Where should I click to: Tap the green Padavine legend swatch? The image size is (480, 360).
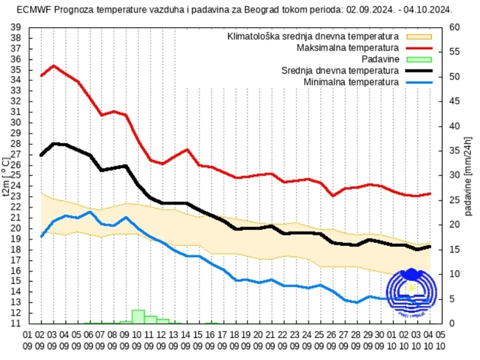coord(419,59)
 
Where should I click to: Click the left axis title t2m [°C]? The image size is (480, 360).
coord(7,175)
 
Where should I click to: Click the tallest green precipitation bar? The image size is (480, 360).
coord(138,316)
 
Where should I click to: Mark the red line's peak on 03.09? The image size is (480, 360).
coord(53,66)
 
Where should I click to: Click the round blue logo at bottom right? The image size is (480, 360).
coord(411,293)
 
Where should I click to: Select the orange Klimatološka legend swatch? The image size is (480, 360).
coord(419,36)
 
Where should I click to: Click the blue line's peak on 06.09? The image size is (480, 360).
coord(90,212)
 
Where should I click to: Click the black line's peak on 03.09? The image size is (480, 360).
coord(53,144)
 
